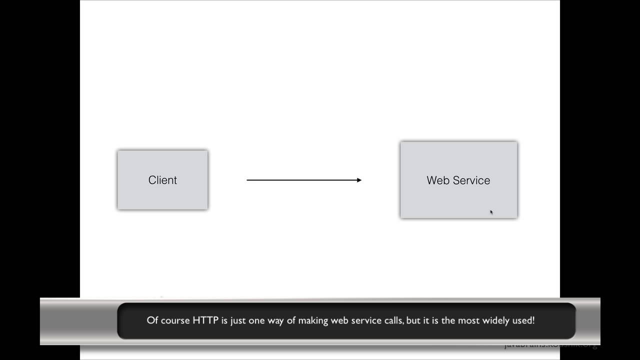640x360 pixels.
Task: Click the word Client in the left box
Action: pyautogui.click(x=162, y=180)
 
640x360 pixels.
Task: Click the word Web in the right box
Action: pyautogui.click(x=437, y=180)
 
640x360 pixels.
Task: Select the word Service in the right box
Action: pyautogui.click(x=472, y=180)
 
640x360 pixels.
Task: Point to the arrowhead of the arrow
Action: pyautogui.click(x=359, y=180)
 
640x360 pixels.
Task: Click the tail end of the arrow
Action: pyautogui.click(x=247, y=180)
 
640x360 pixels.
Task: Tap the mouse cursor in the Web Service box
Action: pyautogui.click(x=491, y=212)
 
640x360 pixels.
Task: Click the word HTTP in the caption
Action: pyautogui.click(x=205, y=320)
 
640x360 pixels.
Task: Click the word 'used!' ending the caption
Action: pyautogui.click(x=523, y=320)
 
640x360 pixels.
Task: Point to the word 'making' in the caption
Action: pyautogui.click(x=313, y=320)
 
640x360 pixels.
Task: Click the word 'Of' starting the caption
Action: pyautogui.click(x=152, y=320)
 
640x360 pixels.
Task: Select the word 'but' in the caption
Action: pyautogui.click(x=413, y=320)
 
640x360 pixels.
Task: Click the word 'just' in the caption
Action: pyautogui.click(x=238, y=320)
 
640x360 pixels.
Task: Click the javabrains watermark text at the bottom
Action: pyautogui.click(x=550, y=345)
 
